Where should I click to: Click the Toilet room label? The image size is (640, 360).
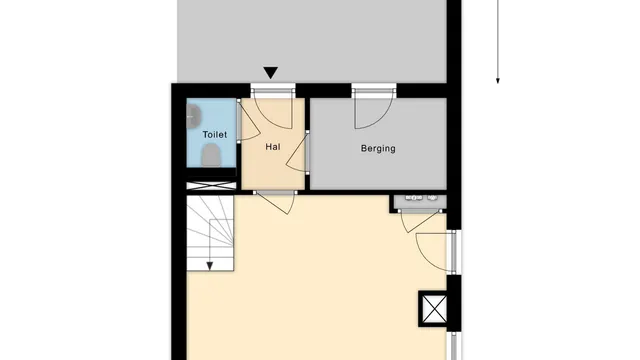pyautogui.click(x=214, y=134)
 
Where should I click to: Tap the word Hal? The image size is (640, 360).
pyautogui.click(x=273, y=147)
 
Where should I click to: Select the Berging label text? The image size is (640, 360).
pyautogui.click(x=378, y=149)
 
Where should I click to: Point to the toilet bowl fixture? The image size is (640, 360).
pyautogui.click(x=211, y=154)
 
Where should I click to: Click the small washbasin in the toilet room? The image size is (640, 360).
pyautogui.click(x=192, y=115)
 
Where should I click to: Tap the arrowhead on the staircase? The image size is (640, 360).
pyautogui.click(x=210, y=266)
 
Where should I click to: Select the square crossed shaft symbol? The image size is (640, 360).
pyautogui.click(x=434, y=310)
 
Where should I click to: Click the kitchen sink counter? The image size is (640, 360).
pyautogui.click(x=420, y=200)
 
